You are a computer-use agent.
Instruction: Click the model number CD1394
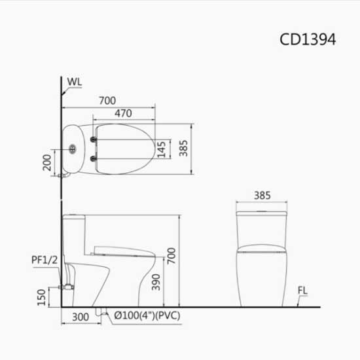(x=308, y=39)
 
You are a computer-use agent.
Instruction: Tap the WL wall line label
(x=75, y=82)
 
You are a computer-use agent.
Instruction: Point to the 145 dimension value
(x=162, y=151)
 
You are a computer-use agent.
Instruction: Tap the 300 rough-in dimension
(x=80, y=317)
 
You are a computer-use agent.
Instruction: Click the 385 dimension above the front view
(x=261, y=195)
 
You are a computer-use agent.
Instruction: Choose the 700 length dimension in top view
(x=107, y=100)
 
